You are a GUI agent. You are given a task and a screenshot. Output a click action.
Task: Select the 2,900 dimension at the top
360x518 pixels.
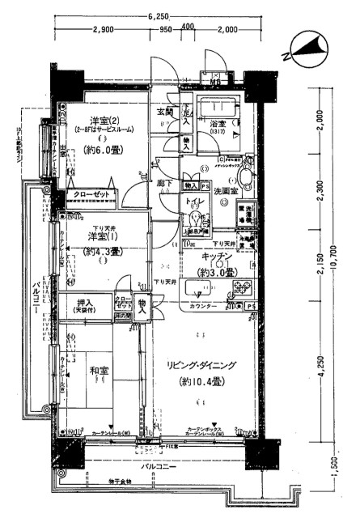[x=103, y=30]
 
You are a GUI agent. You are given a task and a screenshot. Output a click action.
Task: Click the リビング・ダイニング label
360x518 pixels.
[x=202, y=366]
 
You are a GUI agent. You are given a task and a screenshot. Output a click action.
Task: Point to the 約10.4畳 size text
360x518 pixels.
[x=202, y=380]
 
